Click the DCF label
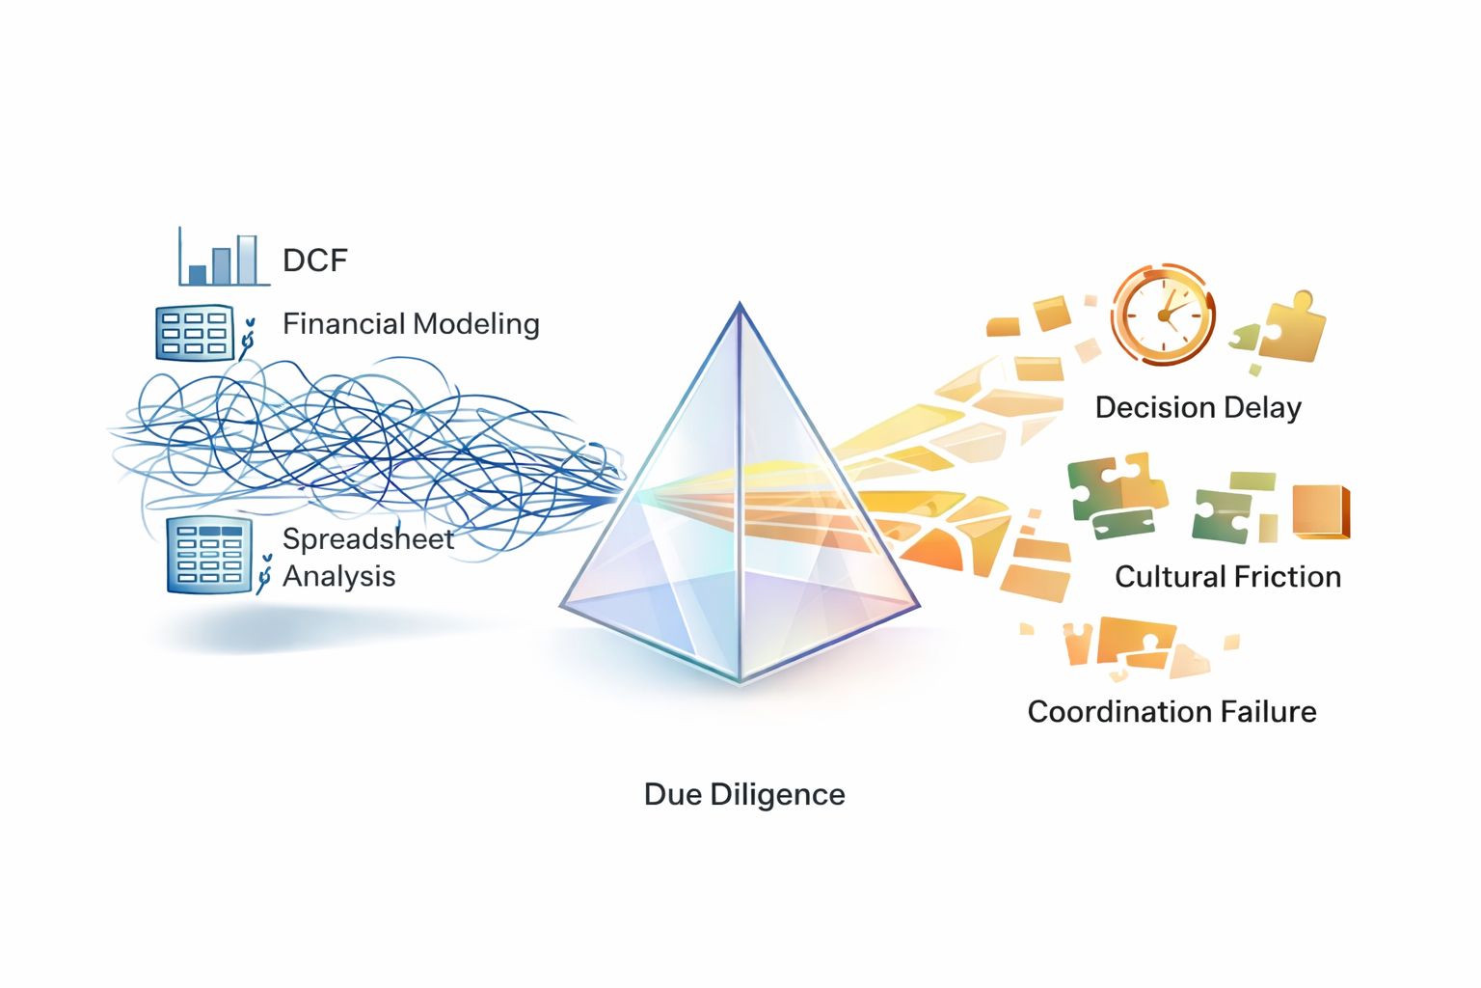tap(314, 261)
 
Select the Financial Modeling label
tap(411, 324)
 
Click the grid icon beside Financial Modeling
tap(194, 334)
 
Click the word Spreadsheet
tap(367, 538)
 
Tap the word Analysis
tap(338, 576)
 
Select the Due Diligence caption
tap(744, 794)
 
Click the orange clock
tap(1162, 315)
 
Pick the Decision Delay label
tap(1198, 407)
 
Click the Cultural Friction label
tap(1227, 577)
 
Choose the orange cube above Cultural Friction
tap(1320, 511)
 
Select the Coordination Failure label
tap(1171, 712)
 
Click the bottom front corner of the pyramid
tap(740, 679)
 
